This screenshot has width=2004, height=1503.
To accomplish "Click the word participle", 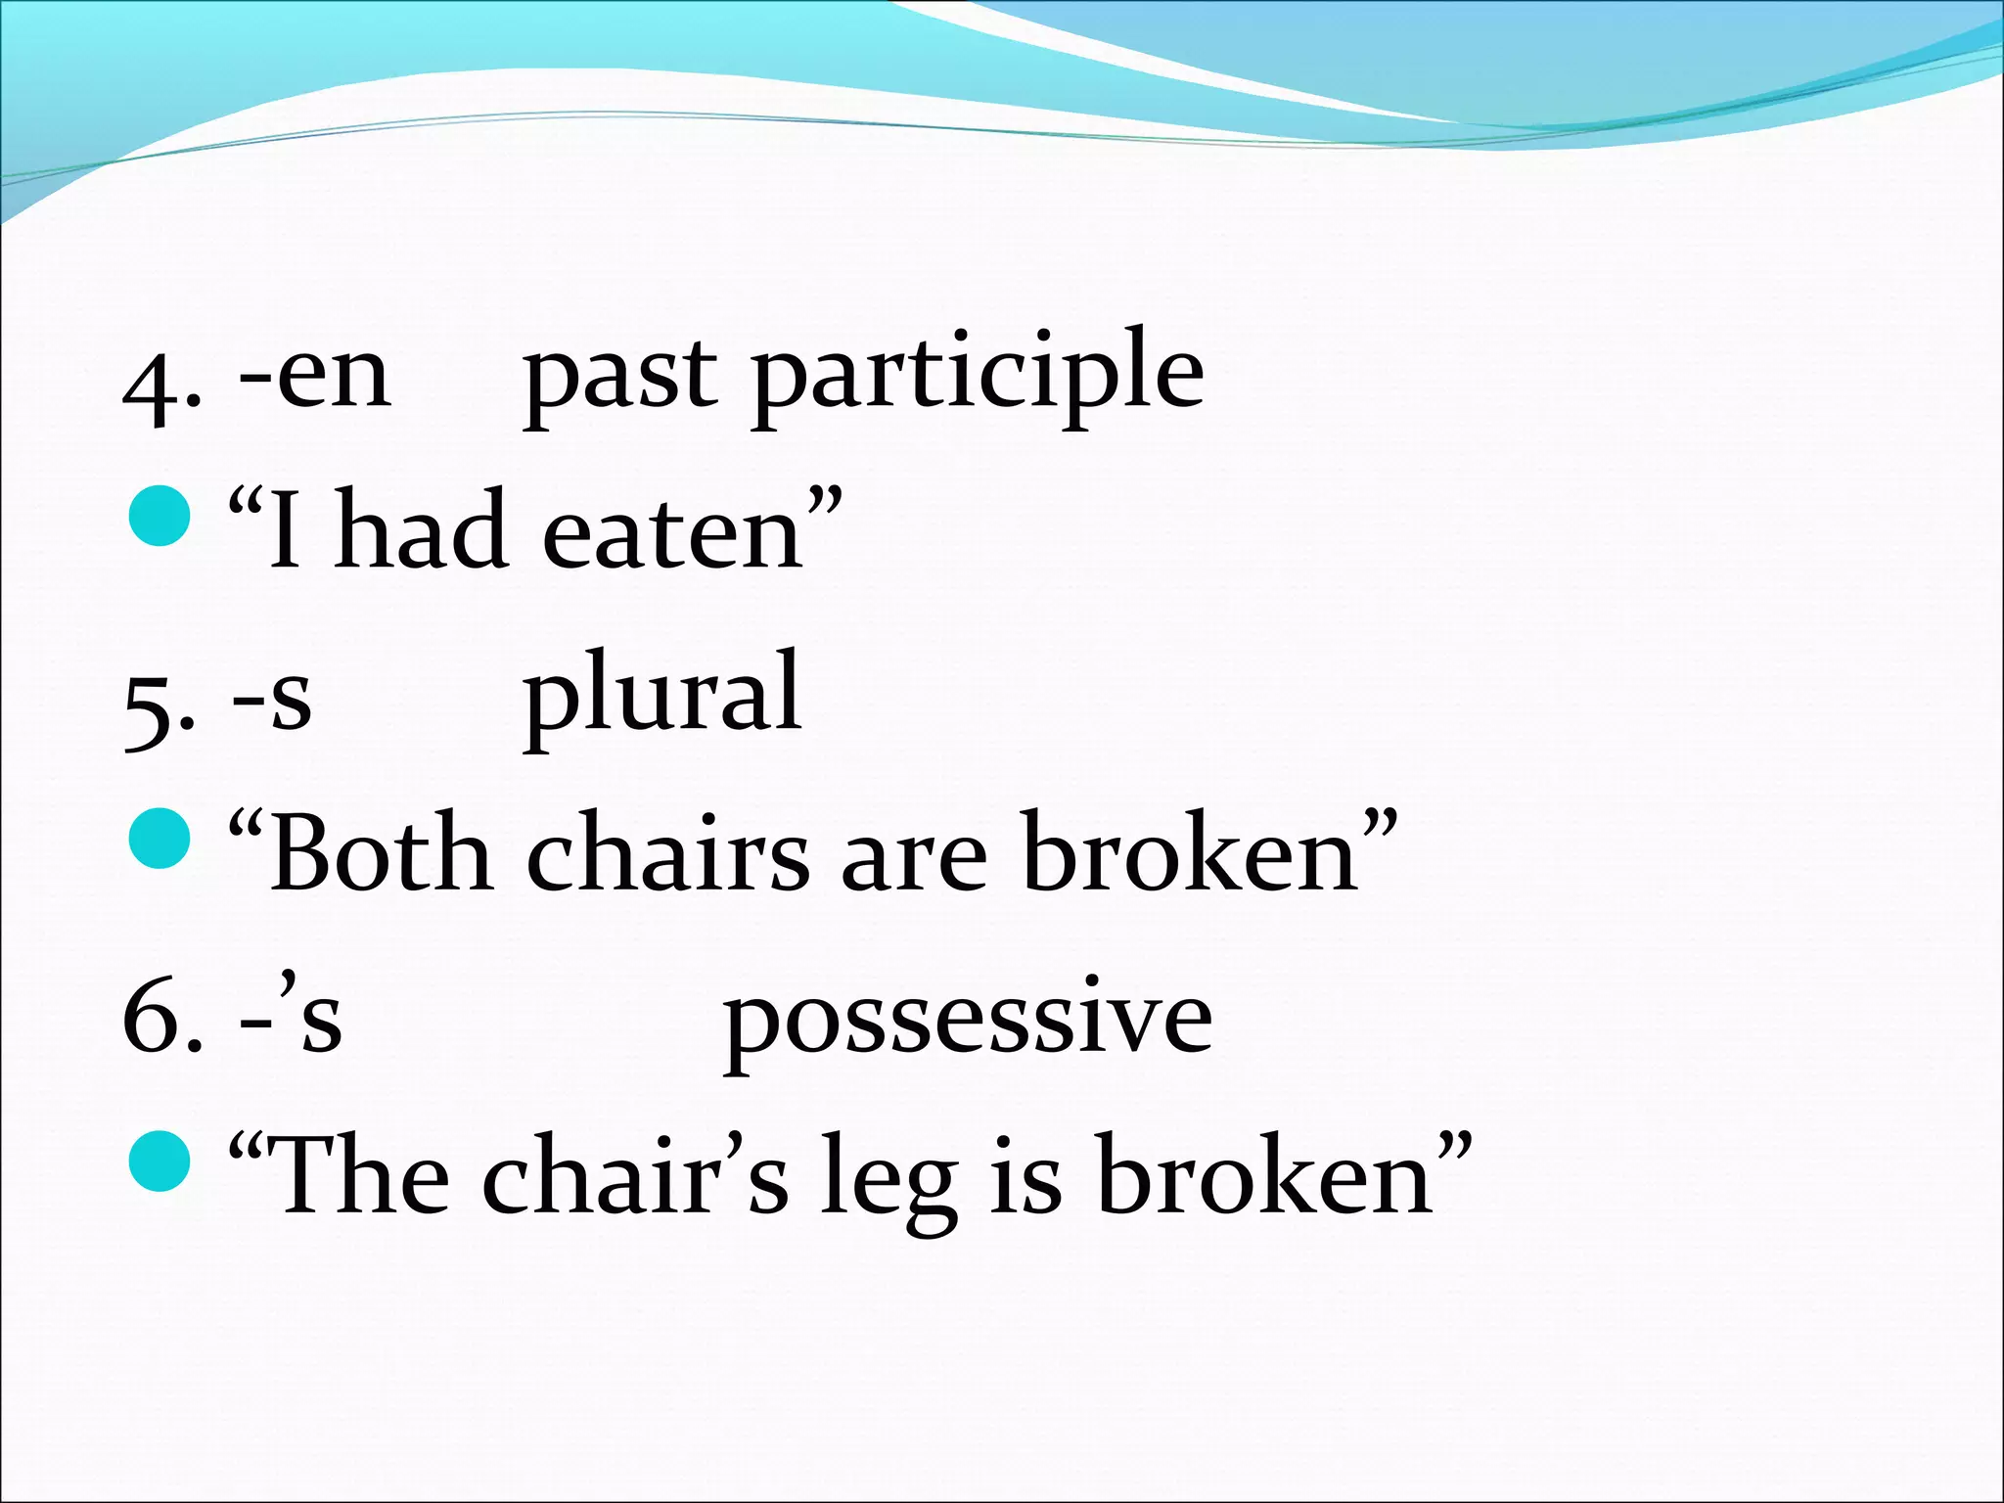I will click(979, 377).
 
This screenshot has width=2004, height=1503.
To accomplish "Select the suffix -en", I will click(315, 377).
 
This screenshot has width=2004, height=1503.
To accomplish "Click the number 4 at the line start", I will click(153, 387).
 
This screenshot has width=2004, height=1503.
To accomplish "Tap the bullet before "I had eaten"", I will click(159, 515).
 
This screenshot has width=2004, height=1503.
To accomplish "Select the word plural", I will click(662, 695).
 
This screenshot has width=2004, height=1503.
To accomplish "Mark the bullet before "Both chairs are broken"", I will click(159, 838).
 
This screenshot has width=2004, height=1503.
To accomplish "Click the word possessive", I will click(968, 1023).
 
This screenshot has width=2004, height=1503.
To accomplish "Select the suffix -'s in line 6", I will click(292, 1018).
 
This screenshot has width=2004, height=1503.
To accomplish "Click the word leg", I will click(888, 1179).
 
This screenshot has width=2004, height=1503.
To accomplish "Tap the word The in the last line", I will click(362, 1174).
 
